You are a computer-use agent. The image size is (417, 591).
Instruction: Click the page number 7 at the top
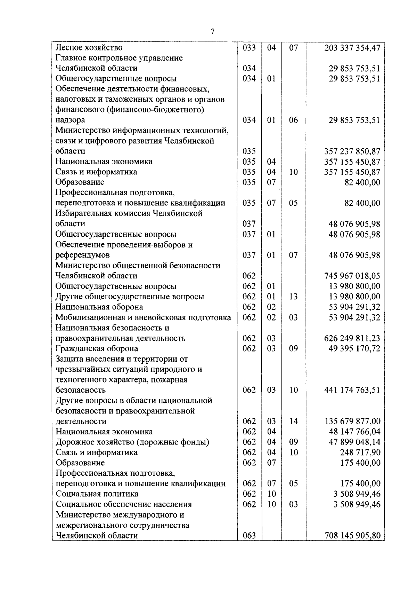(213, 32)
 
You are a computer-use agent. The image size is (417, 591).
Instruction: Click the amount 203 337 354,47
(352, 48)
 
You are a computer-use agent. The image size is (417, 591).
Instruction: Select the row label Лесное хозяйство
(89, 47)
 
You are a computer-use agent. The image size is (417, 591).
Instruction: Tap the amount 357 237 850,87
(352, 151)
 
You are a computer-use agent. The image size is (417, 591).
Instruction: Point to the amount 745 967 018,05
(352, 276)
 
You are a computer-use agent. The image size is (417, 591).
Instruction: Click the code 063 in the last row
(249, 536)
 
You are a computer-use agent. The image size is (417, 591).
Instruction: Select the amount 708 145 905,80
(352, 536)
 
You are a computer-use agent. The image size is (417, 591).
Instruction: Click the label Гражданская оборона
(97, 348)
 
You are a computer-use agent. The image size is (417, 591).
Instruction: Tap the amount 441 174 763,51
(352, 390)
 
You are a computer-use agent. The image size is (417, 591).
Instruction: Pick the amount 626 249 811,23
(352, 338)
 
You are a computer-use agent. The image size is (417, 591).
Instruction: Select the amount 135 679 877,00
(352, 421)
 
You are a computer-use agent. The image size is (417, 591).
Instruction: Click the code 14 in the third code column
(294, 421)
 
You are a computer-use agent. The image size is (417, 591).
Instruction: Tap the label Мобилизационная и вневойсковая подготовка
(143, 317)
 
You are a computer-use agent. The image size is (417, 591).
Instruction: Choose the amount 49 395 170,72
(354, 348)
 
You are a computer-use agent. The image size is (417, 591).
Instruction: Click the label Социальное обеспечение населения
(124, 504)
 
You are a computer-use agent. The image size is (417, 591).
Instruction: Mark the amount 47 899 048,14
(354, 442)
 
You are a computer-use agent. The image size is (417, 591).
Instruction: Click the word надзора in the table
(70, 120)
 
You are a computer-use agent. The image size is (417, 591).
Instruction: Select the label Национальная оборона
(99, 307)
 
